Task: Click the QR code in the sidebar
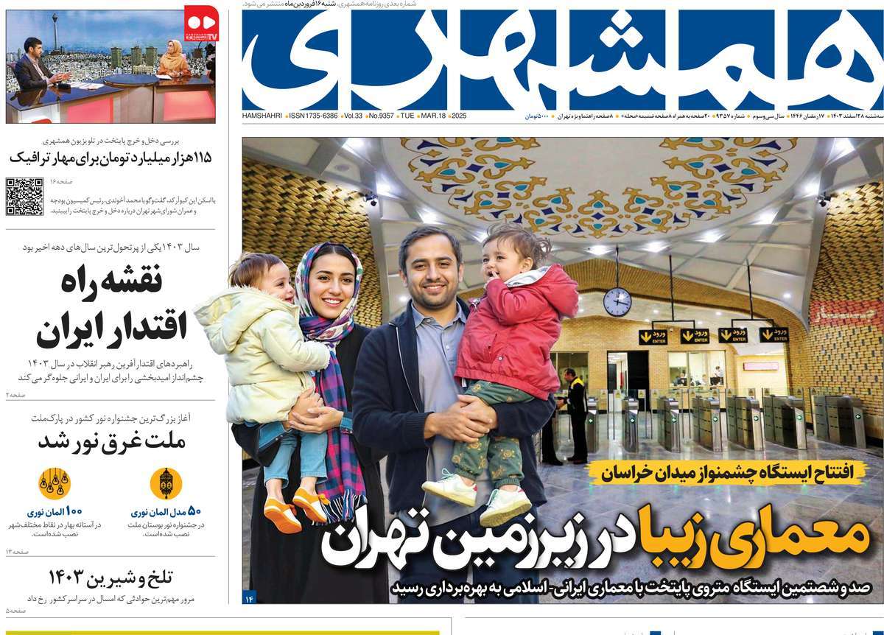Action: [24, 197]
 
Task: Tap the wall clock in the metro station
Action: [617, 302]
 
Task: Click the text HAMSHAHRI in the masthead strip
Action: [262, 116]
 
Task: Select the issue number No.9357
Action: [380, 116]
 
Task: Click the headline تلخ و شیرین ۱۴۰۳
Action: [110, 576]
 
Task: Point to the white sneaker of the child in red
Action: [506, 506]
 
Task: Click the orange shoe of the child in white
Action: [283, 515]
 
